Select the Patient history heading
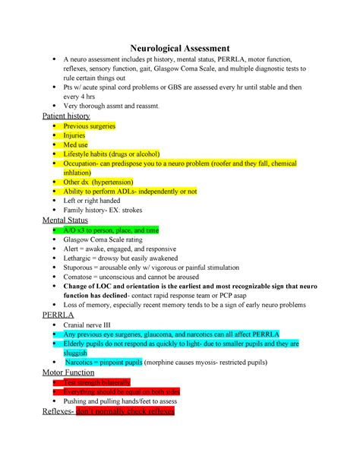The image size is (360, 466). (64, 116)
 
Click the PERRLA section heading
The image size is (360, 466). (55, 312)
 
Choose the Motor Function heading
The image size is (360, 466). (68, 374)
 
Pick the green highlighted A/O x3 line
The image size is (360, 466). (111, 230)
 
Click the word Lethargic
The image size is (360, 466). (80, 258)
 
